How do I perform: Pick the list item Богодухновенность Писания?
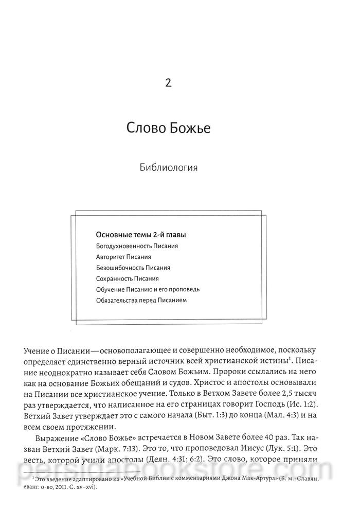click(136, 246)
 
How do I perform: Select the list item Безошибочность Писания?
click(133, 268)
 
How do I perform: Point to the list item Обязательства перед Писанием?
click(140, 300)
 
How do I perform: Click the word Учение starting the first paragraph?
click(37, 350)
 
